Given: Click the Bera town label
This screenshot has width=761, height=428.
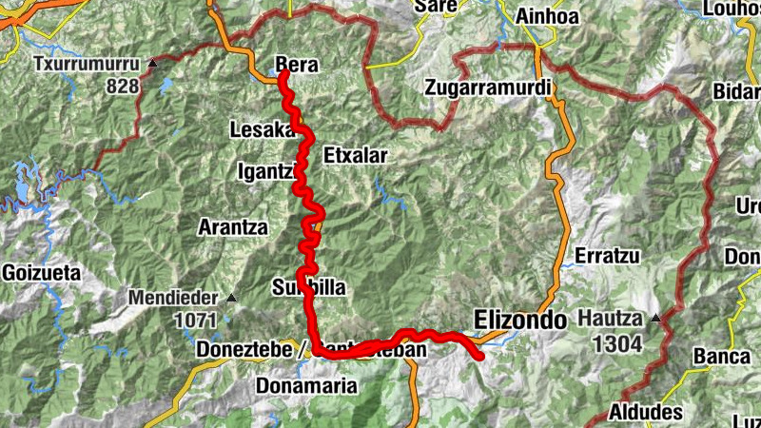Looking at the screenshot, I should (x=296, y=65).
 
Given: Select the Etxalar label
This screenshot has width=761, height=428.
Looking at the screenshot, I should (x=356, y=154).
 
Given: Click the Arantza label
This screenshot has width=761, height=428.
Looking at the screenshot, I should (x=232, y=227).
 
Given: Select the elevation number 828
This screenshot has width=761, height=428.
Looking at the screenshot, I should (x=124, y=87).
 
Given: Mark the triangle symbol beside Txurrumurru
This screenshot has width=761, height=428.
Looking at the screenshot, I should (x=153, y=65).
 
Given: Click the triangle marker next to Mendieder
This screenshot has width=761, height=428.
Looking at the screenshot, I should (x=231, y=297).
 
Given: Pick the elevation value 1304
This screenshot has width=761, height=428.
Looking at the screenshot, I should (x=618, y=345).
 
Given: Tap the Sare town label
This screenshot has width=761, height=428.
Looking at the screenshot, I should (x=438, y=7).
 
